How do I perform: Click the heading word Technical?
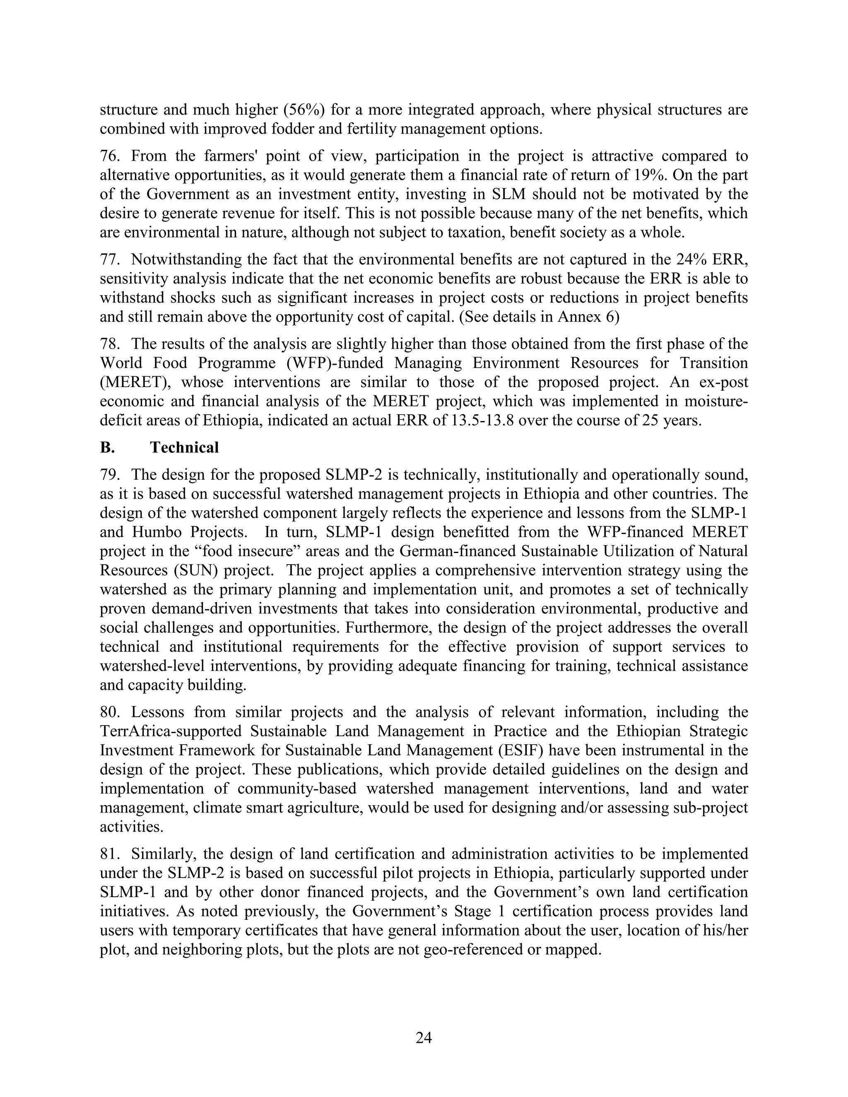(x=184, y=447)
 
